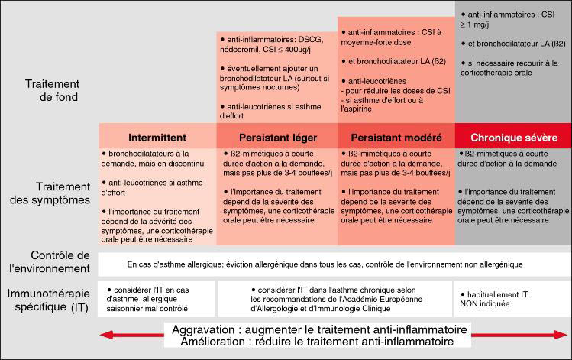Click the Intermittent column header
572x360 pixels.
click(x=157, y=138)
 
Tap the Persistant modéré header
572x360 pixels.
click(x=396, y=138)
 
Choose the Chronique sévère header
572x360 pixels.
click(x=513, y=138)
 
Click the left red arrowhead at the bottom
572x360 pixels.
click(x=106, y=335)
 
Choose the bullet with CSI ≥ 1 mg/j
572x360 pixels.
click(x=512, y=18)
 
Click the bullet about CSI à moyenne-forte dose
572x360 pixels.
click(x=396, y=38)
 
